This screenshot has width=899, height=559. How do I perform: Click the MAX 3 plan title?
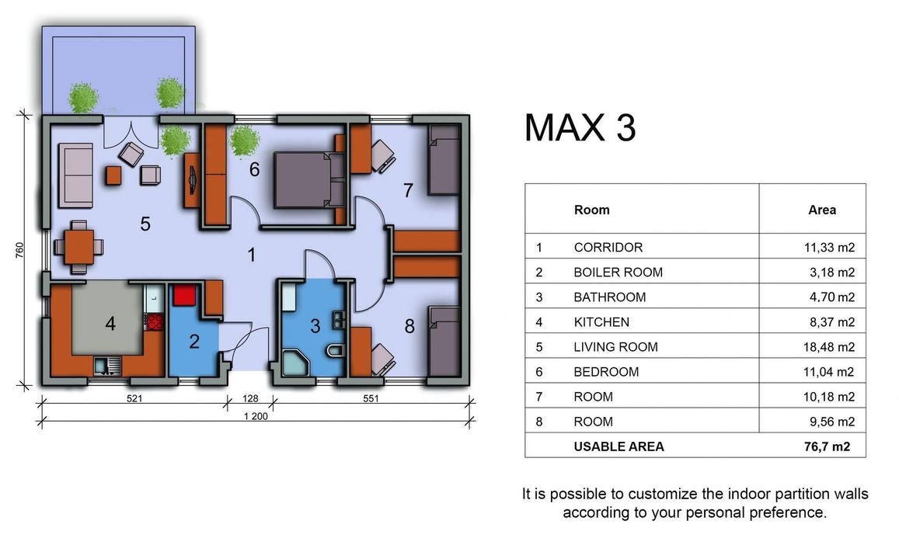580,127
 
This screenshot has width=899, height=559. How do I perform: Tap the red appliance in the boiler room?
185,296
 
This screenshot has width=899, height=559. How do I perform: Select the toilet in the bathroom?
334,349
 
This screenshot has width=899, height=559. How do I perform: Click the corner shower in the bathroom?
295,363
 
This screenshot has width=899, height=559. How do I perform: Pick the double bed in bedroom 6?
309,179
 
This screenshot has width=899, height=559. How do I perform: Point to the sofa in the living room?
75,175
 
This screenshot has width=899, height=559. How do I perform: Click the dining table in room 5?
79,247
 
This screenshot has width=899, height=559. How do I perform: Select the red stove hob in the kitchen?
155,322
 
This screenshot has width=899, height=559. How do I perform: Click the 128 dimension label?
250,398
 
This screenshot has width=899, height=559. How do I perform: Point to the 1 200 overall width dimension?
256,416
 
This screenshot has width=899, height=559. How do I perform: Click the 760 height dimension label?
19,250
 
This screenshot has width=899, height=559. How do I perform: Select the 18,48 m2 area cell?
828,347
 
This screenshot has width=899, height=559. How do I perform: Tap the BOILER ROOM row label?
618,273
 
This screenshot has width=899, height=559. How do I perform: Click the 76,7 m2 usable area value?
827,446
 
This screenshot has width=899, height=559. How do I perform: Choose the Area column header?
821,210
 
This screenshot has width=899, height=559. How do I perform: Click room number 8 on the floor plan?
409,326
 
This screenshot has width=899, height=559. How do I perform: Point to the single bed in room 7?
444,160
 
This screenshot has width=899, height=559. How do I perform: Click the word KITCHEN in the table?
601,322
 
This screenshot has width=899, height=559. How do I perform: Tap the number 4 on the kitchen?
110,324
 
